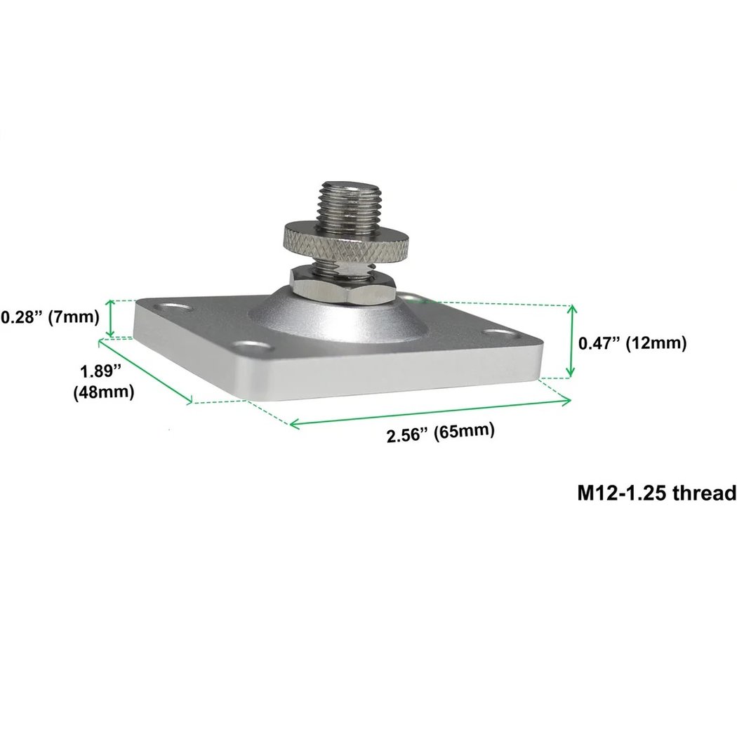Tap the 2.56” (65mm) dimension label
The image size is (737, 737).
pyautogui.click(x=440, y=432)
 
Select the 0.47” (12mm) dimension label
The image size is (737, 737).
pyautogui.click(x=631, y=343)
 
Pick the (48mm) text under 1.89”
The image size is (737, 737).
pyautogui.click(x=103, y=392)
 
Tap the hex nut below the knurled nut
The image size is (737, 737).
pyautogui.click(x=343, y=284)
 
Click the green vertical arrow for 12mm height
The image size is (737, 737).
pyautogui.click(x=573, y=340)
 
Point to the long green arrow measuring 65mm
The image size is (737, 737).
pyautogui.click(x=430, y=413)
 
